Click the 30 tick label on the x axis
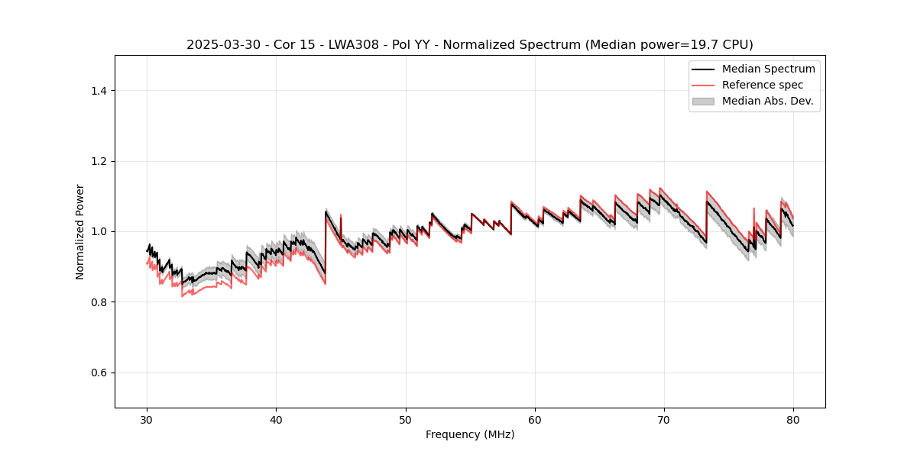[147, 420]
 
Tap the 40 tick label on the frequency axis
[277, 420]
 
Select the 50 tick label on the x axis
[406, 420]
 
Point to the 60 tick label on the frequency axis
[535, 420]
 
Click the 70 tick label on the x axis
[664, 420]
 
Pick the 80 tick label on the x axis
[793, 420]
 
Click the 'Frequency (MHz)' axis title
[470, 434]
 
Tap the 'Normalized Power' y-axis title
[80, 231]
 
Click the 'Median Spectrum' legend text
[768, 69]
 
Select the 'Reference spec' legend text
[762, 85]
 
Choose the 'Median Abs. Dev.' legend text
[767, 101]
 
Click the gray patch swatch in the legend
[703, 101]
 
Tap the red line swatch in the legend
[703, 85]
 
